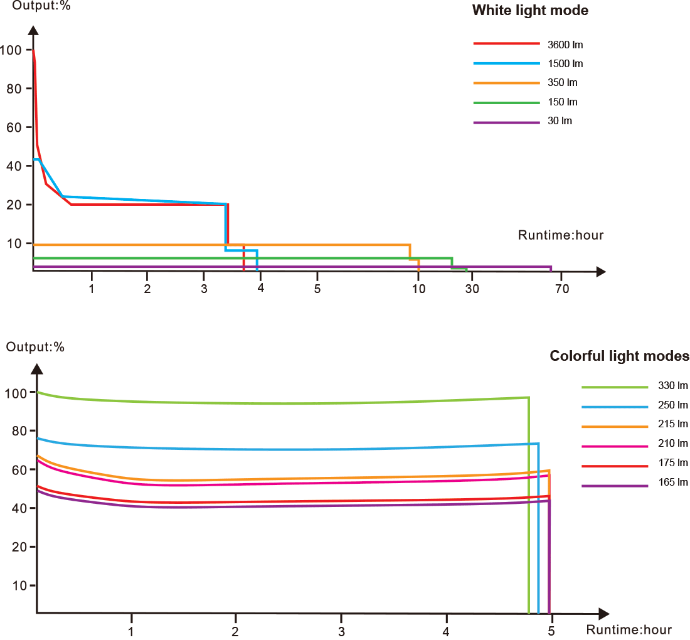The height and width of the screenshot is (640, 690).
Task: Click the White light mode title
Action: (530, 11)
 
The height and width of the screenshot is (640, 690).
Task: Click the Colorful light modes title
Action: (619, 356)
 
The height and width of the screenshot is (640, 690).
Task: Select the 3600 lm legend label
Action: (565, 45)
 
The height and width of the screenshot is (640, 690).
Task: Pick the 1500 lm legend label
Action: (565, 64)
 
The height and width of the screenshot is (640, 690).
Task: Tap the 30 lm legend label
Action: (560, 121)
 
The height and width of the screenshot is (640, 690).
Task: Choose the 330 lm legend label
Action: (673, 386)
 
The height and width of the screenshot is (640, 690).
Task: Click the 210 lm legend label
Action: (673, 444)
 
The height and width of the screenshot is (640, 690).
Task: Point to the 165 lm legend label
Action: (673, 483)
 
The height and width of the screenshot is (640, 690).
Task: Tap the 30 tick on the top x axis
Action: (472, 289)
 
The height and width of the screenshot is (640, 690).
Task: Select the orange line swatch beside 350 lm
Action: (506, 83)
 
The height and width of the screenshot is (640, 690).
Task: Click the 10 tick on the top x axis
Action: (418, 289)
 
